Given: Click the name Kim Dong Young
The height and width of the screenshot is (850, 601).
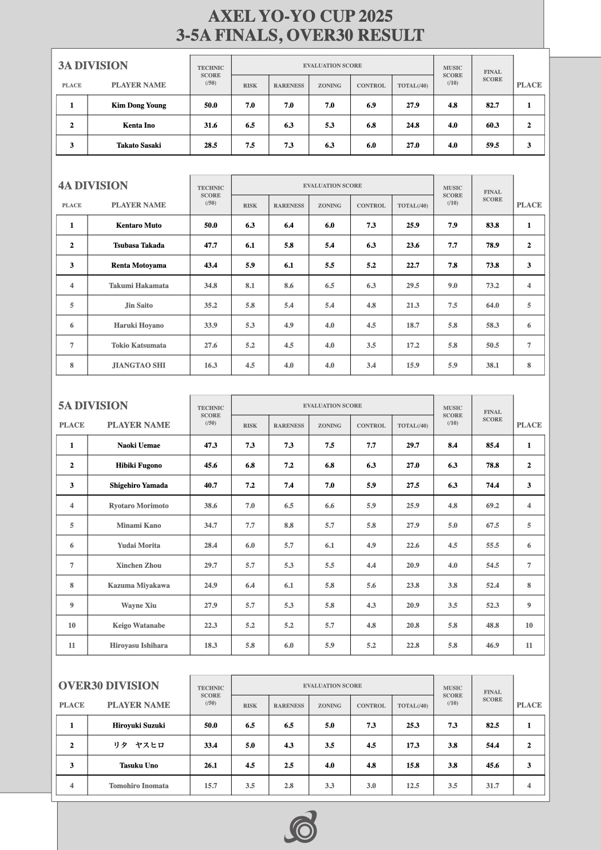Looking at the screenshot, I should [x=139, y=105].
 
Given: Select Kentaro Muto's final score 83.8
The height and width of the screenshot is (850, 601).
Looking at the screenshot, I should [x=492, y=226].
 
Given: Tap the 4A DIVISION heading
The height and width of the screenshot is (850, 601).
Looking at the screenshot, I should [x=93, y=185].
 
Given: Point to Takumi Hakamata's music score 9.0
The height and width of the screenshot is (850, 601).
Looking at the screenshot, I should [x=452, y=286].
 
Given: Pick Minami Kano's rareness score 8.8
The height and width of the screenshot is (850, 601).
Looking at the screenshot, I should [x=288, y=525].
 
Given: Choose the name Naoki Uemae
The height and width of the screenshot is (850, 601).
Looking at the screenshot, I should [x=139, y=445].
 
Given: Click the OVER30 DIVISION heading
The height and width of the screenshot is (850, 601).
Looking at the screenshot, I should [x=108, y=686].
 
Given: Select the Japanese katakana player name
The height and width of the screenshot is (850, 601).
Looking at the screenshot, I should [x=139, y=745].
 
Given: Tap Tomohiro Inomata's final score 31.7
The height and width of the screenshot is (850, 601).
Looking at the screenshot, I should [x=492, y=786].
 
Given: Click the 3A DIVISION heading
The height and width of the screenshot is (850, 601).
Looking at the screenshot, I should [x=93, y=66].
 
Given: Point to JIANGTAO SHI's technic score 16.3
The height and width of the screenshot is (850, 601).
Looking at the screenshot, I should [x=211, y=365].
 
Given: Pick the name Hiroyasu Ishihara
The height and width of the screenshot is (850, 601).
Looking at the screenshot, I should [x=139, y=646].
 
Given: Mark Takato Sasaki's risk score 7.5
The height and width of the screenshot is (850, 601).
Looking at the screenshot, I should [x=250, y=145].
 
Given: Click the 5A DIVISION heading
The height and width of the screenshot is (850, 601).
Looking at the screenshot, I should [x=93, y=406].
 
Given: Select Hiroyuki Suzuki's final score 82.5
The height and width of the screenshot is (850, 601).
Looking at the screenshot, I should [x=492, y=726].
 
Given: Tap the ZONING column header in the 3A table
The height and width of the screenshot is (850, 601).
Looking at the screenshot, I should [x=329, y=86].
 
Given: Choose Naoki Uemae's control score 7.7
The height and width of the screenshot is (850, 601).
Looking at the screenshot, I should [x=371, y=445].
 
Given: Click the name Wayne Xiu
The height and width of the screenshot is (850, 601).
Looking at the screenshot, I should [x=139, y=606].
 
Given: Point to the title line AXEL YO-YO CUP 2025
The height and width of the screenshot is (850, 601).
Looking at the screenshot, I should [x=300, y=15].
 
